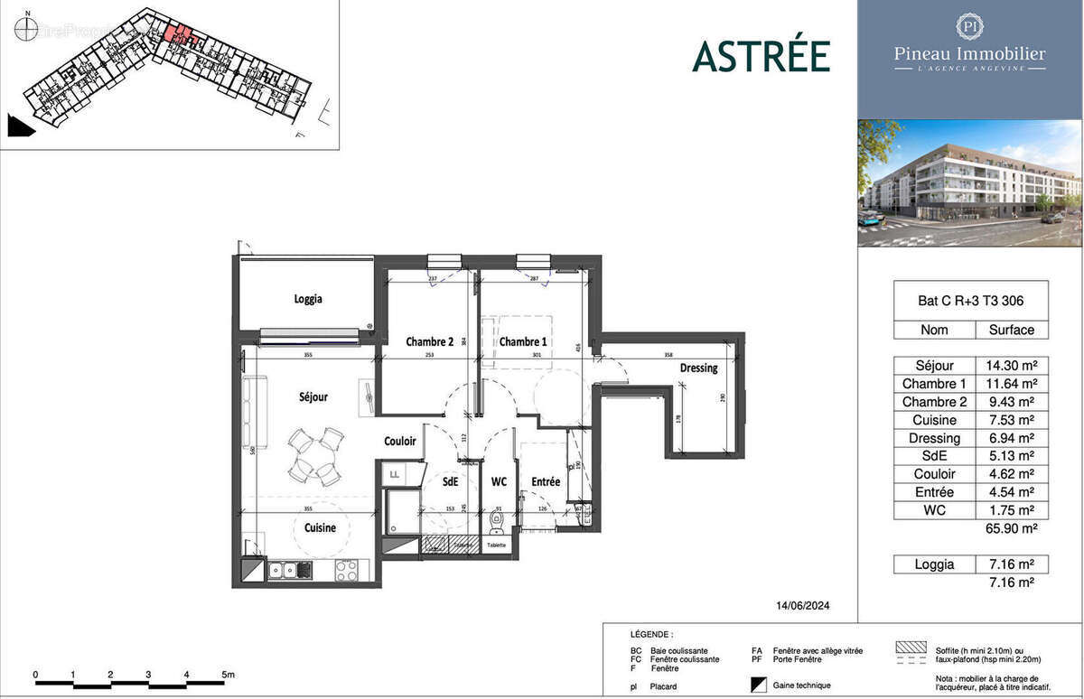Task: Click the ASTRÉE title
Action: coord(761,56)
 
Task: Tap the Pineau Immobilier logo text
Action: coord(969,54)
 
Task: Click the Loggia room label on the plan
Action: coord(308,299)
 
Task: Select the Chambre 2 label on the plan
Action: coord(429,342)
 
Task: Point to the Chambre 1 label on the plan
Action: coord(523,342)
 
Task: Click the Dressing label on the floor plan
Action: coord(698,368)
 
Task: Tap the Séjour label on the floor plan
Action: coord(313,396)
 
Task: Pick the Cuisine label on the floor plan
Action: coord(320,527)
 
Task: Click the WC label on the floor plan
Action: coord(499,482)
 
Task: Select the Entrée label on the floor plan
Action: coord(546,482)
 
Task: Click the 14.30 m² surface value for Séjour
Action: coord(1011,366)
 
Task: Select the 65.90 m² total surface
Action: coord(1011,528)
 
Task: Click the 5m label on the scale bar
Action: coord(228,675)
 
